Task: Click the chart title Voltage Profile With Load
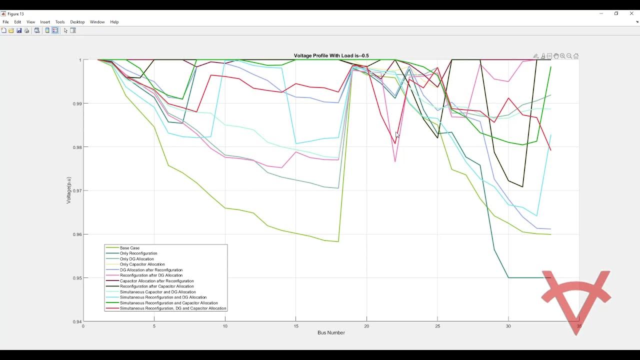[x=331, y=55]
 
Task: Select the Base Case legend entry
[x=129, y=248]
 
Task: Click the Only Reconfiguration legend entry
[x=138, y=253]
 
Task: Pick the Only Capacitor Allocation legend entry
[x=142, y=264]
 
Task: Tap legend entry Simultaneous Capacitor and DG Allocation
[x=157, y=292]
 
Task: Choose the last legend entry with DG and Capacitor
[x=173, y=308]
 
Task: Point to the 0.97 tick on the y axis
[x=76, y=190]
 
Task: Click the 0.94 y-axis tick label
[x=76, y=321]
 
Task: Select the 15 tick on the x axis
[x=295, y=326]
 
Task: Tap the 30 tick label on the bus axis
[x=508, y=326]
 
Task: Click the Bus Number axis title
[x=331, y=332]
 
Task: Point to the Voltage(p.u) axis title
[x=69, y=190]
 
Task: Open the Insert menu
[x=45, y=22]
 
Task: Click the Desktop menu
[x=77, y=22]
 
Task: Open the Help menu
[x=114, y=22]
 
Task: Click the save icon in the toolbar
[x=19, y=30]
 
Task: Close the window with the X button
[x=631, y=13]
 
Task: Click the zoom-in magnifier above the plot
[x=562, y=56]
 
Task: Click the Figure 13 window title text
[x=15, y=14]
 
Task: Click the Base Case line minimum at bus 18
[x=338, y=241]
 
